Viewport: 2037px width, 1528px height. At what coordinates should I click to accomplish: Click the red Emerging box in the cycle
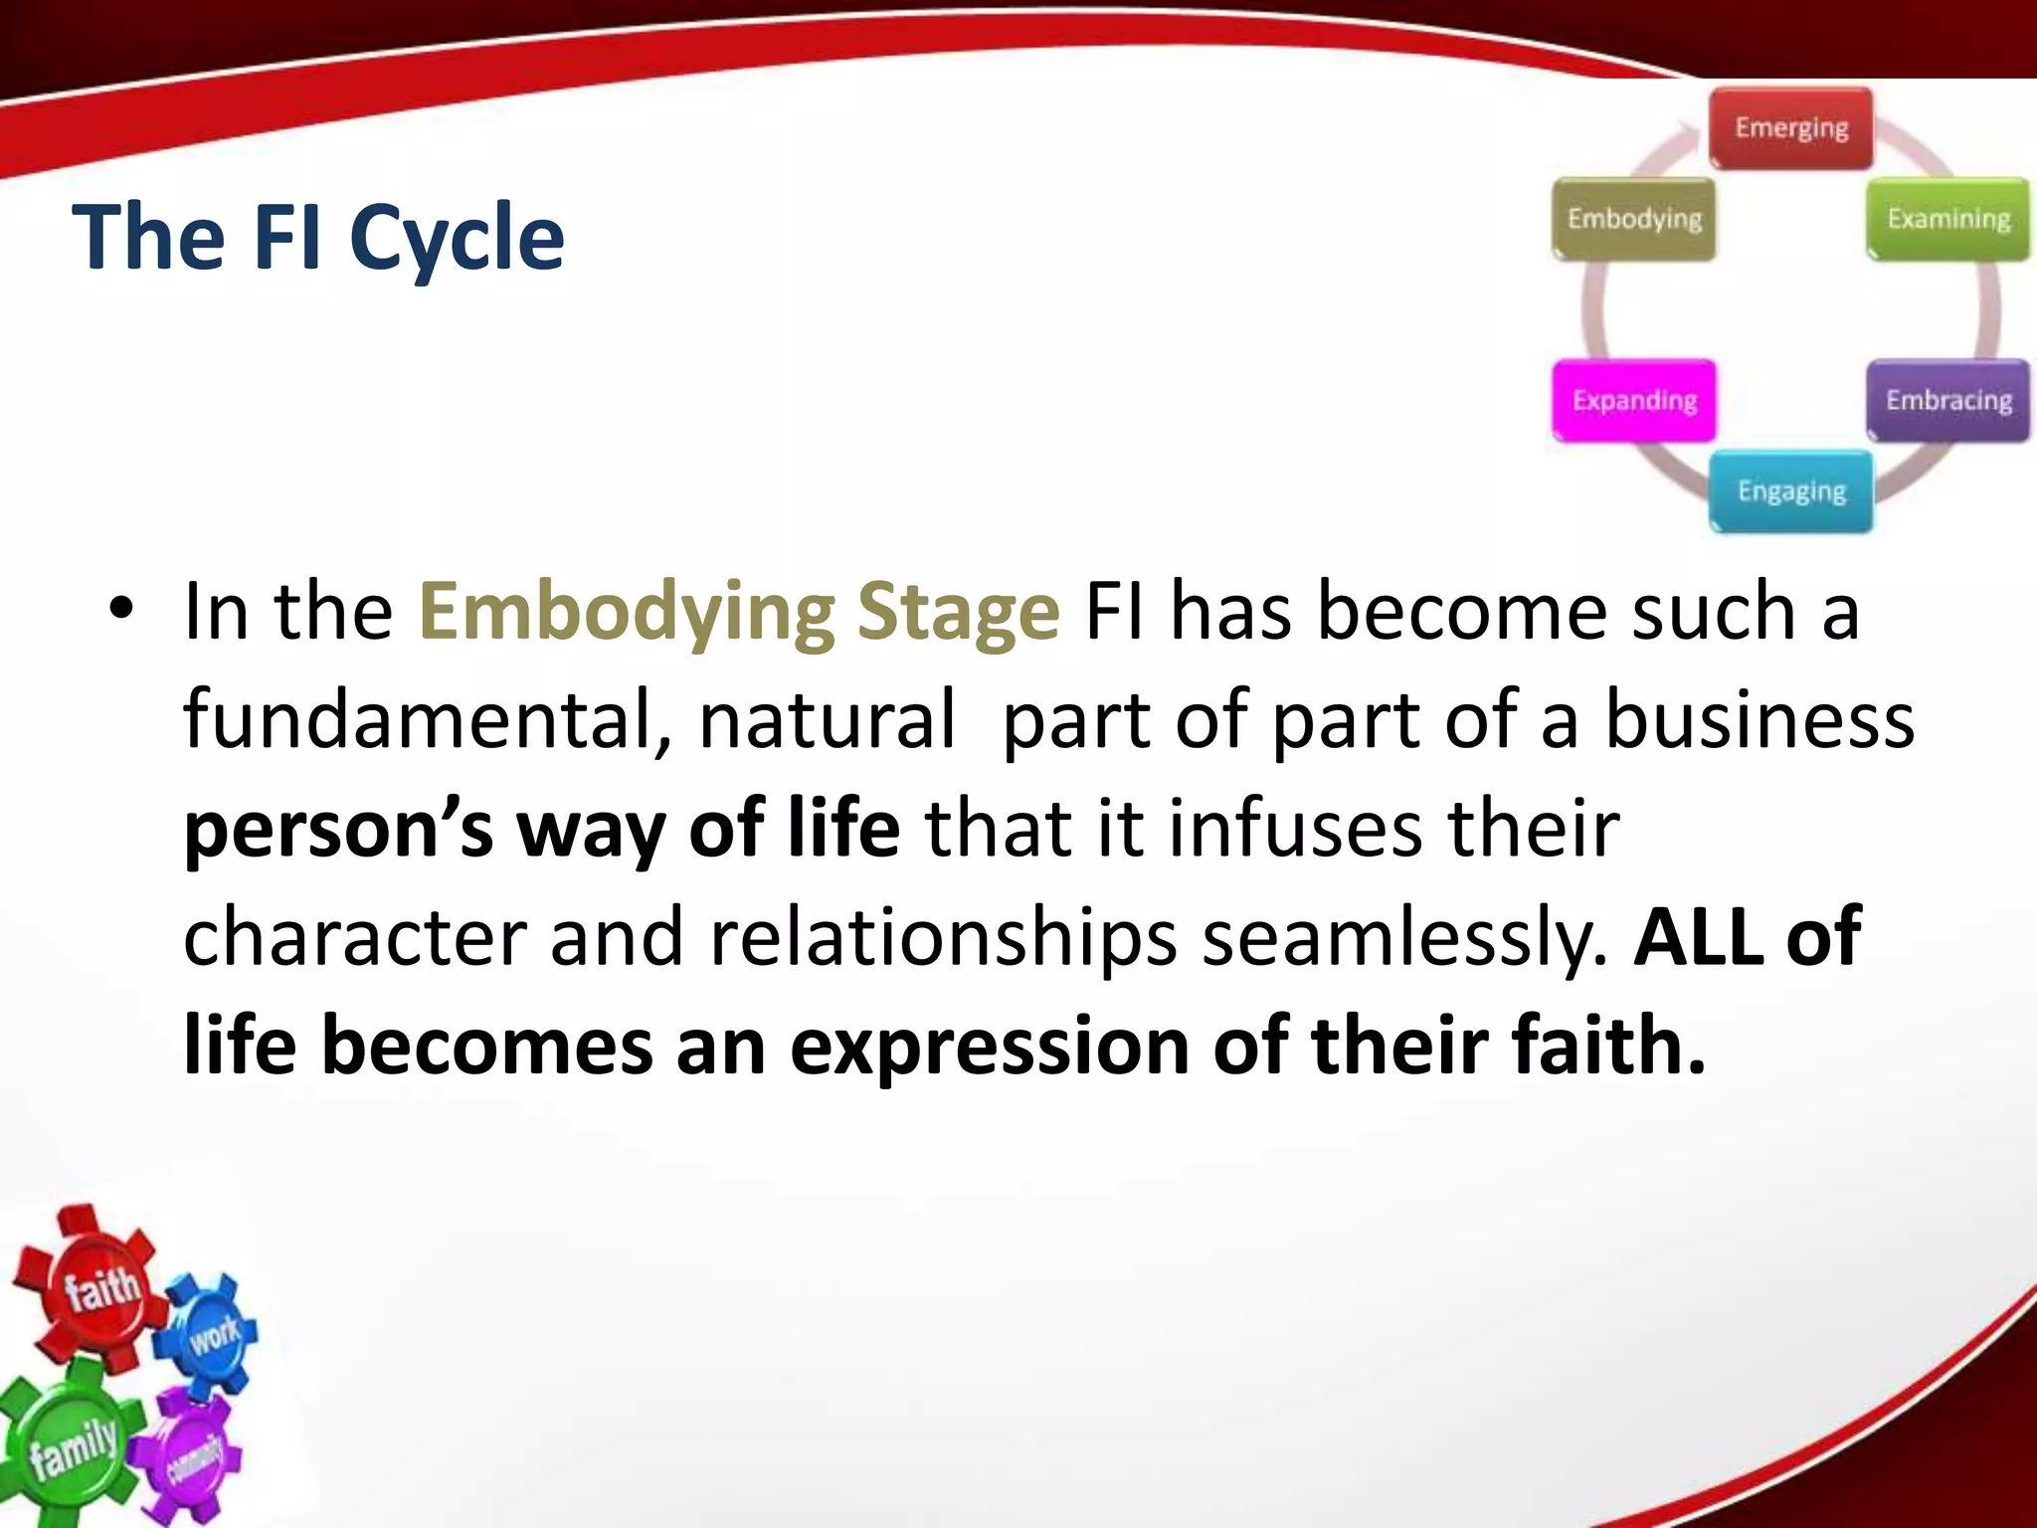point(1791,128)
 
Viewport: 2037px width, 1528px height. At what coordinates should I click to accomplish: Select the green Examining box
point(1947,219)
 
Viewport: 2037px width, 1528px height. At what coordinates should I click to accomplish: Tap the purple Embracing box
point(1947,400)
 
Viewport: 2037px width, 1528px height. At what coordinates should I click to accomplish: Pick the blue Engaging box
point(1791,491)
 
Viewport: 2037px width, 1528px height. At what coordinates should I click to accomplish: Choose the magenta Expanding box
point(1634,400)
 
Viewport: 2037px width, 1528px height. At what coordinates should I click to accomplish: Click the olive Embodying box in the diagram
point(1634,219)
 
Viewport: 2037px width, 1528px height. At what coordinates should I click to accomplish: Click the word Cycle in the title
point(457,239)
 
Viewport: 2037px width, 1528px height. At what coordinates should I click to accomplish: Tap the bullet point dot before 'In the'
point(120,608)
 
